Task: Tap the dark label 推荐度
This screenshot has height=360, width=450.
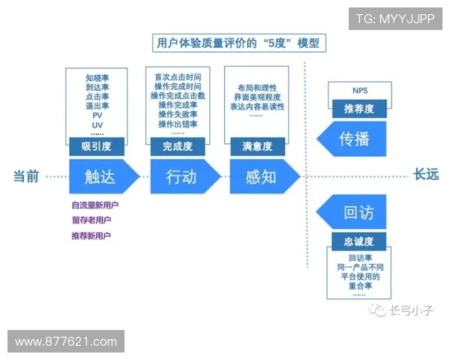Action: coord(359,109)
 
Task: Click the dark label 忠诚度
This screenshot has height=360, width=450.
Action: coord(359,241)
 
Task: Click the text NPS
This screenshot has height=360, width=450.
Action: coord(360,91)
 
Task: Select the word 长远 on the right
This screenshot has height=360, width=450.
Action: coord(426,176)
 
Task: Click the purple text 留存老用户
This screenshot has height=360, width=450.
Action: coord(91,220)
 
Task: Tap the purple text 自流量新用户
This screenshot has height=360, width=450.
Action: coord(95,205)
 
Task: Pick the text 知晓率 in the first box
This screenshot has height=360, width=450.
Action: coord(97,78)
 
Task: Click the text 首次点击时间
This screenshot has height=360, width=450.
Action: coord(178,77)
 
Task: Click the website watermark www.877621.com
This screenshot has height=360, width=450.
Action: coord(66,341)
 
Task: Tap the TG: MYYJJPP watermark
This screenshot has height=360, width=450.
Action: coord(395,18)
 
